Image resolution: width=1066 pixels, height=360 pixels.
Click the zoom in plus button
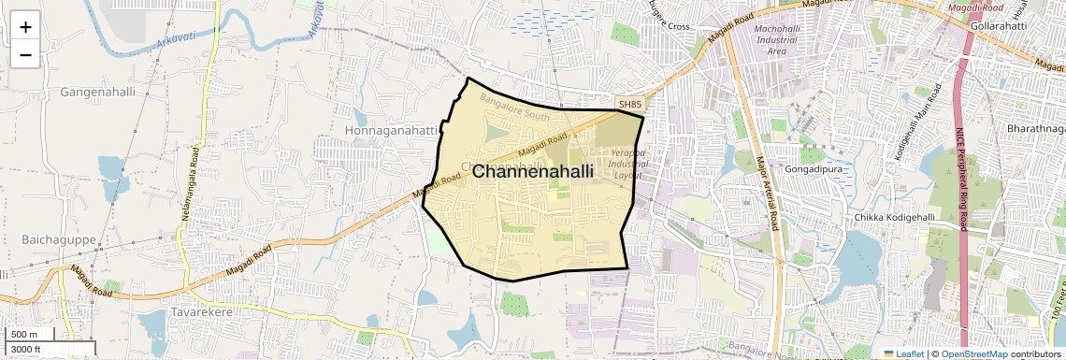click(25, 27)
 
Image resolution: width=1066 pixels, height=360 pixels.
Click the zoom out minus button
click(25, 55)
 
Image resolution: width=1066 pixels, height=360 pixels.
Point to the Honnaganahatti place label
click(391, 130)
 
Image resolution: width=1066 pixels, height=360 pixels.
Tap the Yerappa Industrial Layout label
click(628, 164)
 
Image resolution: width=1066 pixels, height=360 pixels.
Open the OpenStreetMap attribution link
click(974, 353)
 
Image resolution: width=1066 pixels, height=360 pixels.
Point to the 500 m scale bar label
click(24, 335)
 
